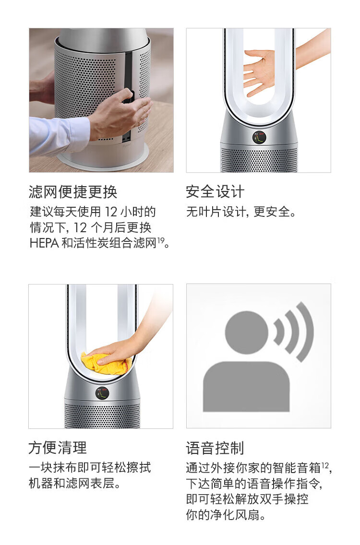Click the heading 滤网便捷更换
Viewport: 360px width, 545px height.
coord(73,192)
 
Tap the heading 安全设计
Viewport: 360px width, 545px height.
coord(216,192)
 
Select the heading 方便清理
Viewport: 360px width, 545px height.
coord(58,448)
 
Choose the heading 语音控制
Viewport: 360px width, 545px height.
coord(216,448)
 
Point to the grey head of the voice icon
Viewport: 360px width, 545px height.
coord(247,332)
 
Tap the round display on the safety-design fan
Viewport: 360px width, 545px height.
coord(259,137)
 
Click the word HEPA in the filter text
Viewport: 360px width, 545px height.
coord(44,243)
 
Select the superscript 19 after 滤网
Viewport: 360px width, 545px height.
coord(161,240)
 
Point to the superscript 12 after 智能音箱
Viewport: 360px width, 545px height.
coord(325,465)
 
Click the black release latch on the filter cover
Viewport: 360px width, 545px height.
coord(128,96)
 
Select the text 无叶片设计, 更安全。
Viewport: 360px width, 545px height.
coord(241,212)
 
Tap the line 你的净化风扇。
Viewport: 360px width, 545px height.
coord(226,514)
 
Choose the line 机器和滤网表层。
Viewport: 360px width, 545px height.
coord(75,483)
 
